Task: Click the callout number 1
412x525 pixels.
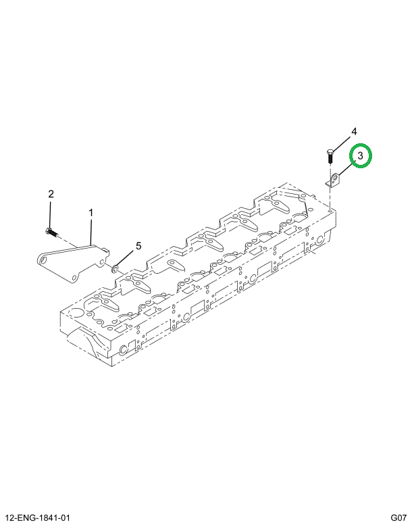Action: pos(91,213)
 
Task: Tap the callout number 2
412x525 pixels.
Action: pos(50,195)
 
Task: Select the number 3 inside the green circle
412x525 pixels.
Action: pos(361,156)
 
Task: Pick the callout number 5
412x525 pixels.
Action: pos(139,245)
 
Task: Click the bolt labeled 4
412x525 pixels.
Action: pos(330,158)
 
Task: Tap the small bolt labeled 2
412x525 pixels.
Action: pos(49,232)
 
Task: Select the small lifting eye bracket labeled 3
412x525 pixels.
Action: pos(335,181)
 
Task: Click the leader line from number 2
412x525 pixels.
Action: pos(50,215)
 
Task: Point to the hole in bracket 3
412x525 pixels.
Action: pos(336,180)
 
